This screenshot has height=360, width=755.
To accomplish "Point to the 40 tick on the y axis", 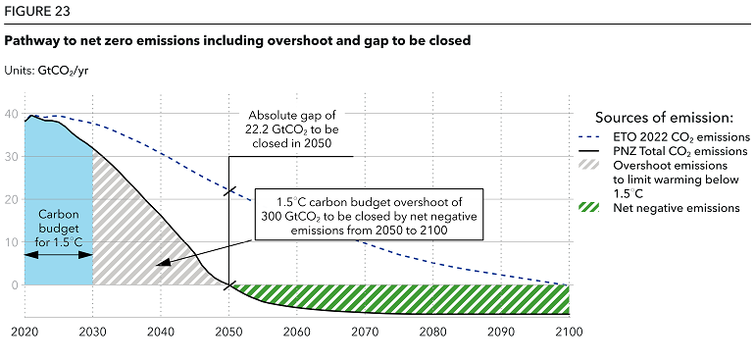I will [x=12, y=114].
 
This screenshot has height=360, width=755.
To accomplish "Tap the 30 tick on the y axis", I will [x=12, y=157].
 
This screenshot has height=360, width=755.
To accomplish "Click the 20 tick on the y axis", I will [x=12, y=199].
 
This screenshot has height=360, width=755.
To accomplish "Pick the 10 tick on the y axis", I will [x=12, y=242].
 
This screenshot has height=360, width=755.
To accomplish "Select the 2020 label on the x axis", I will [x=25, y=332].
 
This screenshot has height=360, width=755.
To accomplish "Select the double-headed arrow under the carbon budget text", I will [x=59, y=254].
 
